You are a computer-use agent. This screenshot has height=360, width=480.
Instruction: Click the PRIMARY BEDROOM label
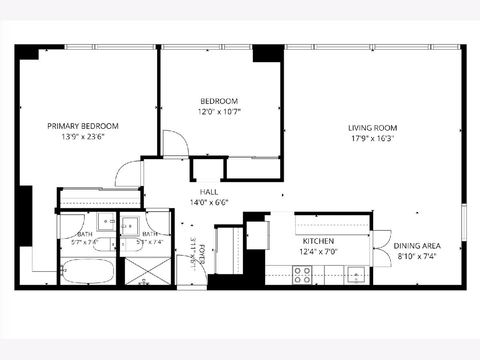pos(83,126)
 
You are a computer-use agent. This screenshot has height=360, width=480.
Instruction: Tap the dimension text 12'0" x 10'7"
pos(219,112)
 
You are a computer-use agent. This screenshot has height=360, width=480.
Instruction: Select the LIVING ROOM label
pos(373,128)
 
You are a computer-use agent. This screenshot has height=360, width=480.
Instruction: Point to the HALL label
pos(209,192)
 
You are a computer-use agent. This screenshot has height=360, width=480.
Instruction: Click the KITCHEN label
pos(318,241)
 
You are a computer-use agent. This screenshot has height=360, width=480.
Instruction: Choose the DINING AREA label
pos(417,246)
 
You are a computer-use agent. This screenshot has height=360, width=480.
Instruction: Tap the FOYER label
pos(202,254)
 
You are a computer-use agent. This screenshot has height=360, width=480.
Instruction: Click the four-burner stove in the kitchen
pos(302,275)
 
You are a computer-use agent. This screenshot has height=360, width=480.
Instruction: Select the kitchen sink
pos(356,275)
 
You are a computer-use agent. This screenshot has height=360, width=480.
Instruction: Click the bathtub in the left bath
pos(88,271)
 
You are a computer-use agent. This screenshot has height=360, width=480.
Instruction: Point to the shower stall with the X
pos(148,271)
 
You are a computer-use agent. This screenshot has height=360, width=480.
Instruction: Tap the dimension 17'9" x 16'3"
pos(373,138)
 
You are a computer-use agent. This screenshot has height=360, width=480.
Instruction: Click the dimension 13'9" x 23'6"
pos(83,137)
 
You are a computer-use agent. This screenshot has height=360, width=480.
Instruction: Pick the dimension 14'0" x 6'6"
pos(209,203)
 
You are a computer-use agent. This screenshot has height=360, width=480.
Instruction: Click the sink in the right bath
pos(130,226)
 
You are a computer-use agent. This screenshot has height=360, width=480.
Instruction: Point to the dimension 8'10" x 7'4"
pos(417,257)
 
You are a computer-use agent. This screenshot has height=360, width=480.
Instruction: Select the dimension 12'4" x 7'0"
pos(318,252)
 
